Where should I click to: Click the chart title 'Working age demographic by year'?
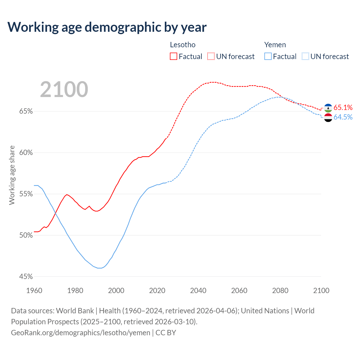107,27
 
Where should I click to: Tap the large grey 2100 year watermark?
64,89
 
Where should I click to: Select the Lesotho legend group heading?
183,45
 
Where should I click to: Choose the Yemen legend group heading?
275,45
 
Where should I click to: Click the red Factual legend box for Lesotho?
174,57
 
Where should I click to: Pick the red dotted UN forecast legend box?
211,57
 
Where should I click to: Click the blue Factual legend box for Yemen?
268,57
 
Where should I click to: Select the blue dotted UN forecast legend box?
305,57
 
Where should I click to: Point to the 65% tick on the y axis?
26,111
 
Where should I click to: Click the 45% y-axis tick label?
26,277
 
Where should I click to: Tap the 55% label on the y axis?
26,194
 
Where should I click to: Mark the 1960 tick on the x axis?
34,291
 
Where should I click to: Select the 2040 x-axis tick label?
198,291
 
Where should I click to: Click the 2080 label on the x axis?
280,291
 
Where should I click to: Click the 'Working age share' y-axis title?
12,175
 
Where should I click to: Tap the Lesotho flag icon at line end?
328,108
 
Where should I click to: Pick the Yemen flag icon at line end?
328,118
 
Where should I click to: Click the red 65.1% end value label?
343,107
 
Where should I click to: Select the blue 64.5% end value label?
343,117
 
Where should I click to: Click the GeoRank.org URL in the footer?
80,332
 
